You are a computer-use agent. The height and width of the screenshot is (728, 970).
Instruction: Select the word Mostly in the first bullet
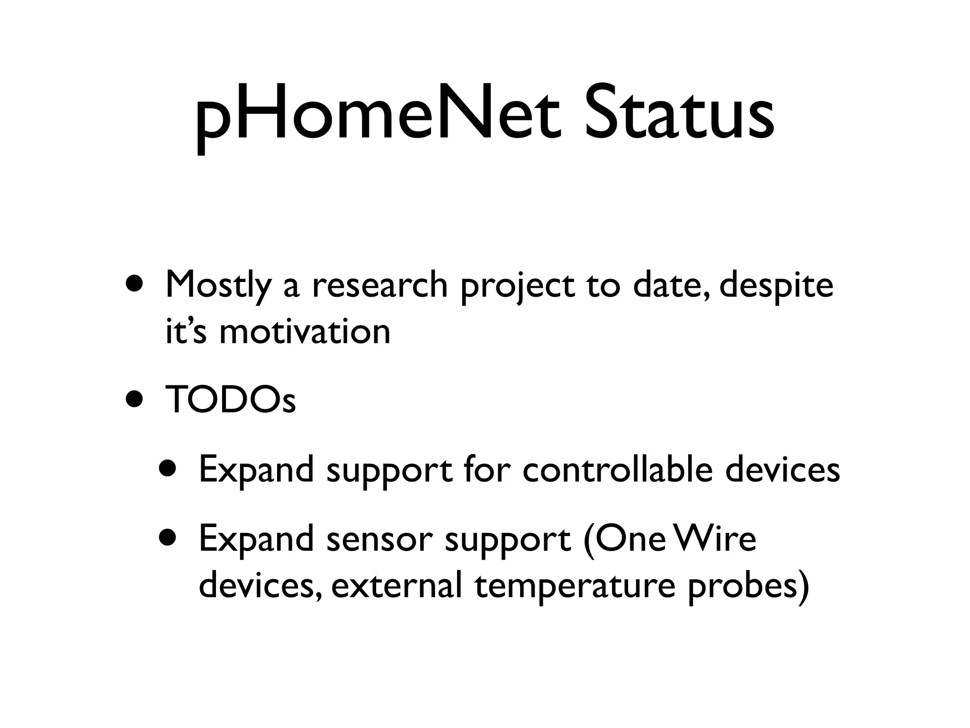point(218,286)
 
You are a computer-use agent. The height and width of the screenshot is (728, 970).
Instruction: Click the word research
point(379,285)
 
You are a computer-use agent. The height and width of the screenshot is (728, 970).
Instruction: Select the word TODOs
point(231,400)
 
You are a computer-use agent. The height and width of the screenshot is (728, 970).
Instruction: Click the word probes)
point(748,586)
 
